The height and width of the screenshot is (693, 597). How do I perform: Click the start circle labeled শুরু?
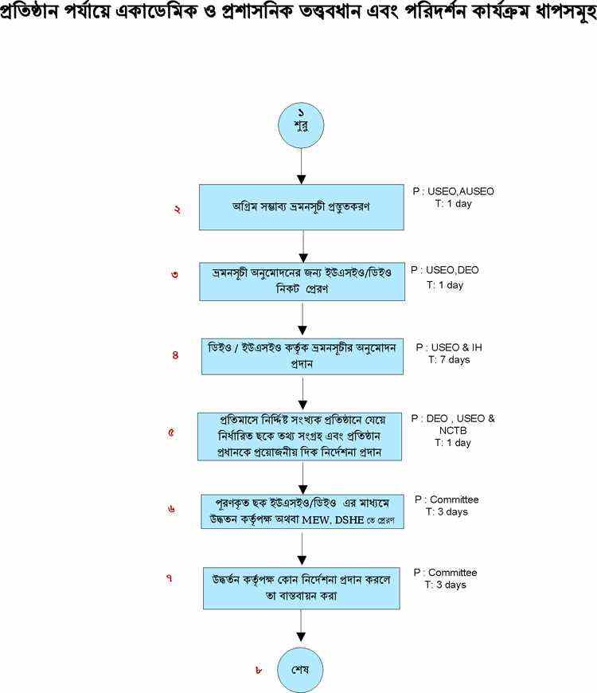tap(301, 123)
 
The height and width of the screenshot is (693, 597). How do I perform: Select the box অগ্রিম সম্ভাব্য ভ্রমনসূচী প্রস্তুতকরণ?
tap(301, 207)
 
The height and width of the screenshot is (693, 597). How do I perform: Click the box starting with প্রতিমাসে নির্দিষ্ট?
tap(301, 435)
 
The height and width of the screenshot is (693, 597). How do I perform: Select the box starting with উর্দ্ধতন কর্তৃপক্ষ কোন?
tap(301, 588)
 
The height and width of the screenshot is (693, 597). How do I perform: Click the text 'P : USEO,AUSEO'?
tap(453, 191)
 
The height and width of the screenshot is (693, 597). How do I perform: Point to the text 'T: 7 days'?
tap(450, 360)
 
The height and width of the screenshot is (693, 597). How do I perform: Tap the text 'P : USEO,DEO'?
tap(445, 270)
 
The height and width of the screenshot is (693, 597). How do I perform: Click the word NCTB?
tap(445, 430)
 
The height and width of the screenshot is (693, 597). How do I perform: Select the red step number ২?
tap(177, 209)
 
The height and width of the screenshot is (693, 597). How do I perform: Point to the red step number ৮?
tap(259, 670)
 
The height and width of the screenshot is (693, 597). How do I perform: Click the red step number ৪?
tap(175, 355)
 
